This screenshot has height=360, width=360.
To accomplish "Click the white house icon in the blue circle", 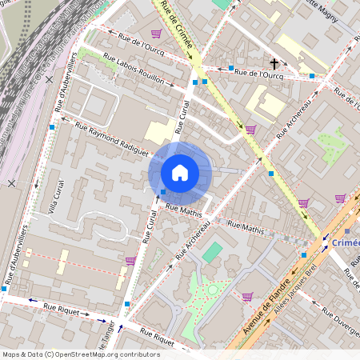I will tap(180, 173).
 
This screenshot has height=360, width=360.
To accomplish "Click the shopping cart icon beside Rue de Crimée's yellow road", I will tap(250, 129).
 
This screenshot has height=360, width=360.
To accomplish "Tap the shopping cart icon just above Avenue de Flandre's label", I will tap(247, 296).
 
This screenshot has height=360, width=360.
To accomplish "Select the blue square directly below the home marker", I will tap(163, 192).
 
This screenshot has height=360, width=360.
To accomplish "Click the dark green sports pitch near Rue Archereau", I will tap(212, 253).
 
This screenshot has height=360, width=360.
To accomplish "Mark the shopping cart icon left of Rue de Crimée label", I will tap(156, 34).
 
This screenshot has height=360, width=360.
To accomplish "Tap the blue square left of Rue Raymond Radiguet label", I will tap(52, 127).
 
